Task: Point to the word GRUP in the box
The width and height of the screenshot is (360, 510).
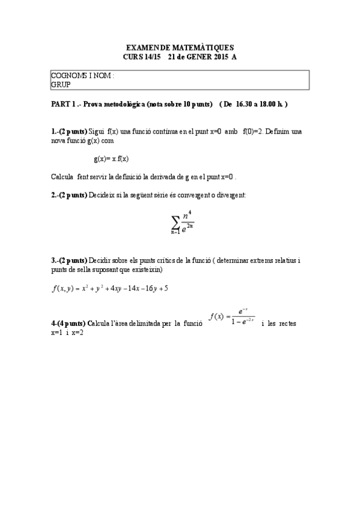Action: tap(61, 85)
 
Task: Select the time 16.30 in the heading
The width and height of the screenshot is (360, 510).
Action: tap(245, 104)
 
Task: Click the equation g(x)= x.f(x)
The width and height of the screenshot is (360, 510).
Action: tap(112, 159)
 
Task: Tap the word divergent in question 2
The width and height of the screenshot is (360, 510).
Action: tap(231, 195)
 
